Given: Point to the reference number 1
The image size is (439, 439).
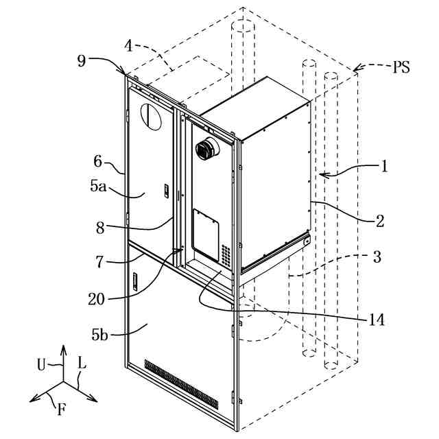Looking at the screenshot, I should click(x=385, y=165).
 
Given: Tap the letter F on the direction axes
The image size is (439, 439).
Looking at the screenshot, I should click(x=62, y=411).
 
